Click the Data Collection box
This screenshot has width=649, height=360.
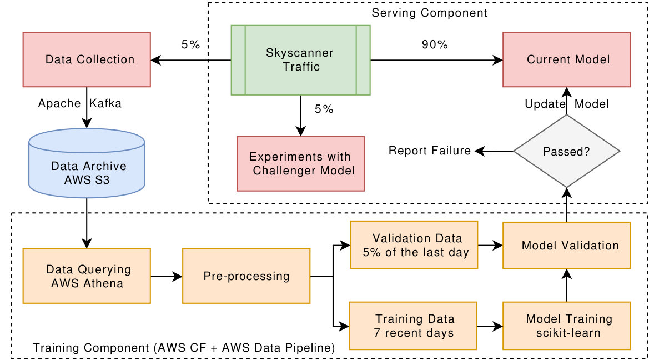(x=87, y=59)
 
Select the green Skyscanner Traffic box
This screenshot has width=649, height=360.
(x=300, y=60)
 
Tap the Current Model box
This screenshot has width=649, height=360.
(x=567, y=59)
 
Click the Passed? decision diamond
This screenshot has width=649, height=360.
(x=567, y=151)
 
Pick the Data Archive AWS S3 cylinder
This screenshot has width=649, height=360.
(x=87, y=163)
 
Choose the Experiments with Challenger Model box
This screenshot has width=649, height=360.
(x=300, y=164)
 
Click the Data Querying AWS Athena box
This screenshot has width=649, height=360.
(x=87, y=276)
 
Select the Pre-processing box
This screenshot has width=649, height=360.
(x=246, y=276)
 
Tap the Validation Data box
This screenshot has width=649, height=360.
(x=414, y=245)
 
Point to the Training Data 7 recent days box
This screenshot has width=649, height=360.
(x=413, y=326)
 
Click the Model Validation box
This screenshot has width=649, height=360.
(x=567, y=245)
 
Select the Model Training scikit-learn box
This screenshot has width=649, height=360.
(x=567, y=326)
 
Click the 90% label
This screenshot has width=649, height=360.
(x=435, y=45)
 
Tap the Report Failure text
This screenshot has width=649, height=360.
(x=430, y=151)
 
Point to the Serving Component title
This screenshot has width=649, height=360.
(x=430, y=13)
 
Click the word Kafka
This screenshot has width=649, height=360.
(x=105, y=103)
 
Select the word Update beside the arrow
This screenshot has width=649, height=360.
(x=545, y=104)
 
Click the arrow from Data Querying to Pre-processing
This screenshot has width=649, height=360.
(x=167, y=276)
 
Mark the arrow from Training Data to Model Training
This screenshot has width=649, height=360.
(x=490, y=327)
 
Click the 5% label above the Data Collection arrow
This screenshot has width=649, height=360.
(x=190, y=45)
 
